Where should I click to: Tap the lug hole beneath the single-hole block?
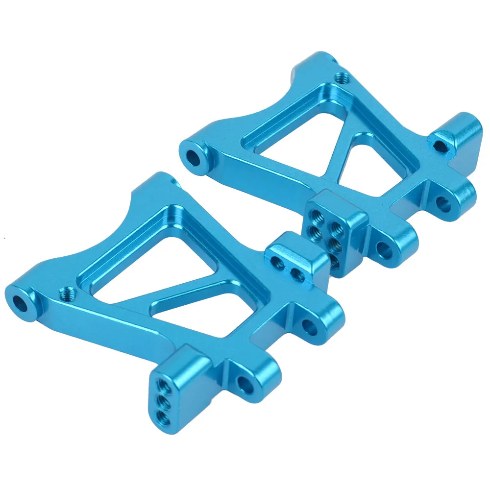(x=444, y=203)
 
